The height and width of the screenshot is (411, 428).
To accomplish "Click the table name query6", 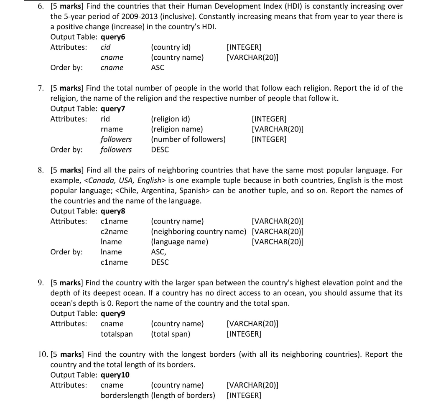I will coord(113,37).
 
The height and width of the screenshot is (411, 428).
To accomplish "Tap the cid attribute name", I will coord(106,47).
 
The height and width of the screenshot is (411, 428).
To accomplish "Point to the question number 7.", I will coord(41,88).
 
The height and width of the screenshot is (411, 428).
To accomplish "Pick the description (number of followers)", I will coord(188,140).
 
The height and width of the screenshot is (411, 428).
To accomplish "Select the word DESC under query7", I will coord(160,150).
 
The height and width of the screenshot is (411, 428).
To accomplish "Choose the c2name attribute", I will coord(114,231).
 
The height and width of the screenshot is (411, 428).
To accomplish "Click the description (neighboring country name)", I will coord(199,231).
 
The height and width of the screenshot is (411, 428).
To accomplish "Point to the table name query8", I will coord(113,211).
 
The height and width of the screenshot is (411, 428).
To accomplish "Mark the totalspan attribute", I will coord(117,334).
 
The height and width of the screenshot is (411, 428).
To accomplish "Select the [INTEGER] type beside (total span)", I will coord(244,334).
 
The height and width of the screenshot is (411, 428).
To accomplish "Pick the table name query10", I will coord(115,375).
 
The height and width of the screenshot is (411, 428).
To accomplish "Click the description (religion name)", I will coord(177,129).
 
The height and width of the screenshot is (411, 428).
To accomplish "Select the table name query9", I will coord(113,314).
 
